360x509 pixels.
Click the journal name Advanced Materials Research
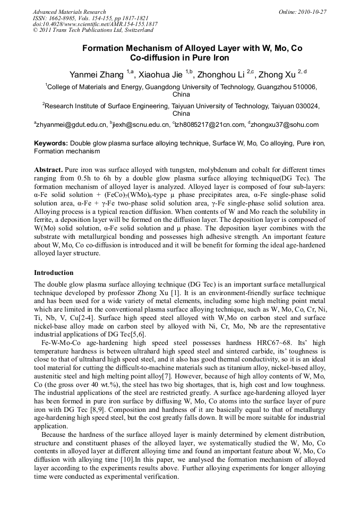69,12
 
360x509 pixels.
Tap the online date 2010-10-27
311,12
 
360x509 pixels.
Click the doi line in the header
95,24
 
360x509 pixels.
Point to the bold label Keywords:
51,143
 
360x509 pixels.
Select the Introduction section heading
54,272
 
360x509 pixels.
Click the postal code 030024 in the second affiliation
307,106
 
